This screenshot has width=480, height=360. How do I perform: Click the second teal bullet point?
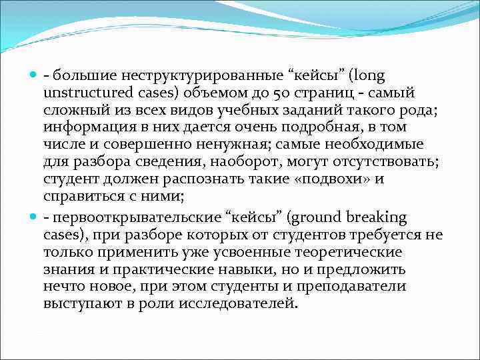tap(35, 217)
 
